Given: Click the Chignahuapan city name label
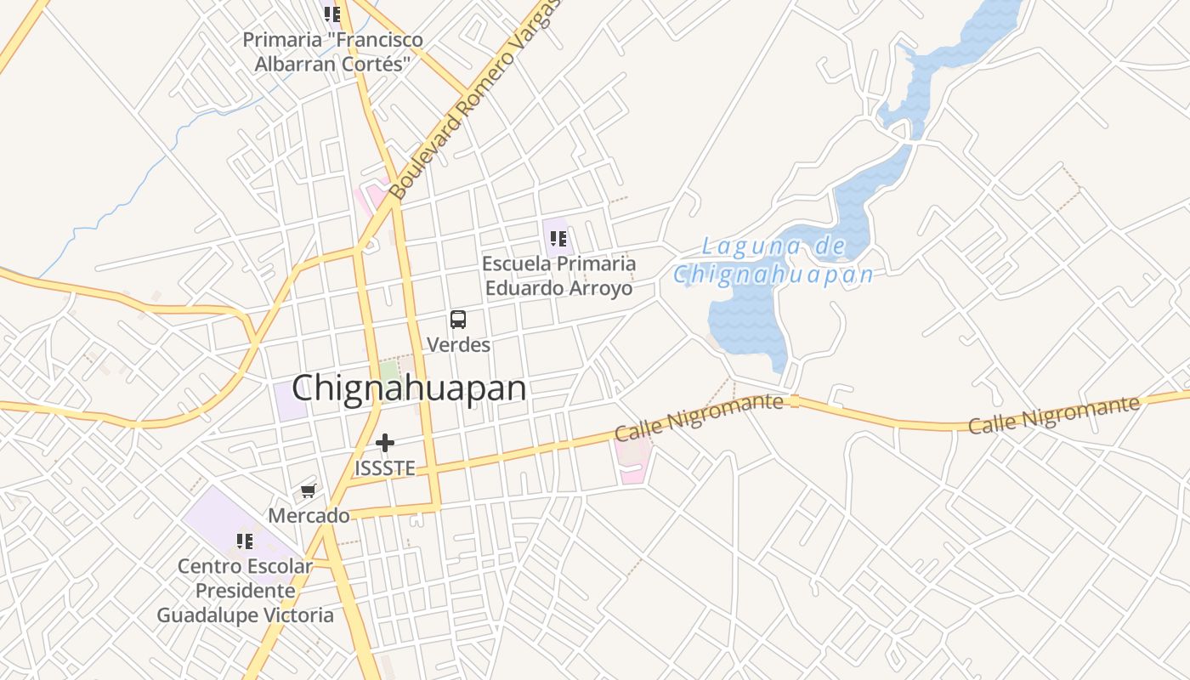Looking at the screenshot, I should tap(409, 388).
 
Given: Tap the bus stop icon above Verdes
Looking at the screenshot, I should tap(458, 320).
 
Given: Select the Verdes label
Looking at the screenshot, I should tap(459, 344).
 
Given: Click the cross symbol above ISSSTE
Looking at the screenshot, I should tap(385, 443).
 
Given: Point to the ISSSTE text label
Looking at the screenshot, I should tap(385, 468).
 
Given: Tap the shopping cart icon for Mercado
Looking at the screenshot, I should tap(309, 491).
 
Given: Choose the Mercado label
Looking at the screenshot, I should tap(309, 515).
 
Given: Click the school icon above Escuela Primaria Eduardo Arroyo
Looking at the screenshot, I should tap(558, 239).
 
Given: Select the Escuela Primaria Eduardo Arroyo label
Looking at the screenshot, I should tap(558, 275).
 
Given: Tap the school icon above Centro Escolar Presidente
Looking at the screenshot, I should tap(246, 541).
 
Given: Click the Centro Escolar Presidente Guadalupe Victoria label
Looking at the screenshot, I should tap(246, 590).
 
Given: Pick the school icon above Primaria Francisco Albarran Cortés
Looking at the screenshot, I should tap(331, 14).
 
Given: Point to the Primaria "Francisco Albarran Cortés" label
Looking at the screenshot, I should tap(332, 52).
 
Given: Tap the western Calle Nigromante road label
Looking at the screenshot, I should tap(698, 416).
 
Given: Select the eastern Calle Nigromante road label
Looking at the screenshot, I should tap(1053, 414).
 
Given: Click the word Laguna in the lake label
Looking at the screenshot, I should tap(739, 247).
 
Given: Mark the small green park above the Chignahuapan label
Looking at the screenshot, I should tap(389, 371).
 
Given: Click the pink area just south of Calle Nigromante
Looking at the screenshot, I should tap(634, 463).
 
